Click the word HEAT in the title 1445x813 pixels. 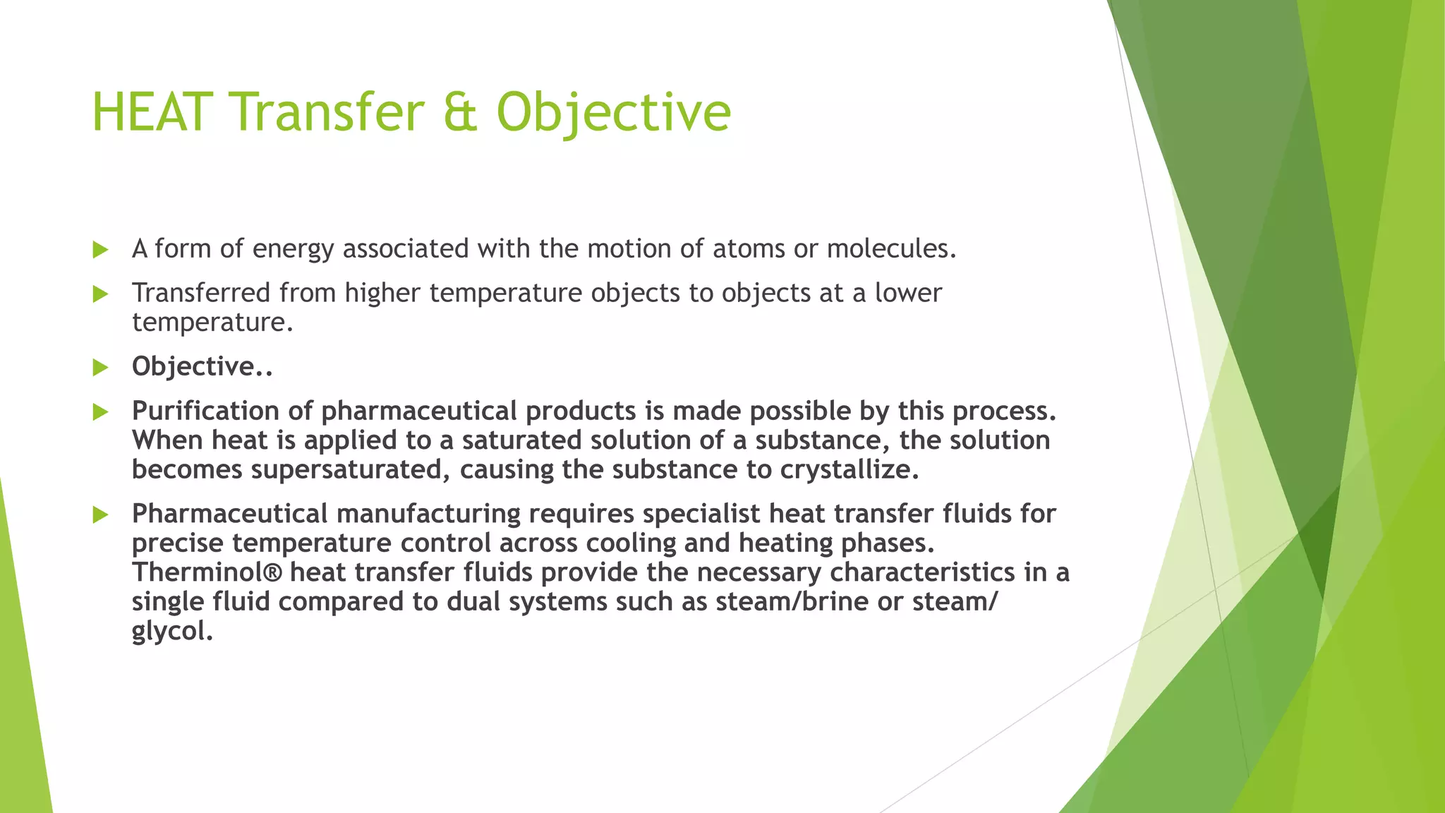[x=151, y=113]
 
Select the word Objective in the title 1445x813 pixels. [x=613, y=113]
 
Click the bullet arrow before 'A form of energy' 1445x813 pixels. [x=100, y=249]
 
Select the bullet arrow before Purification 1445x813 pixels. [x=100, y=411]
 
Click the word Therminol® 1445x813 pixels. [x=207, y=572]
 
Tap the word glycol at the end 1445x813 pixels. [x=171, y=630]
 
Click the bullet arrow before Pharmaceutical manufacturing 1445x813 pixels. [x=100, y=514]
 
